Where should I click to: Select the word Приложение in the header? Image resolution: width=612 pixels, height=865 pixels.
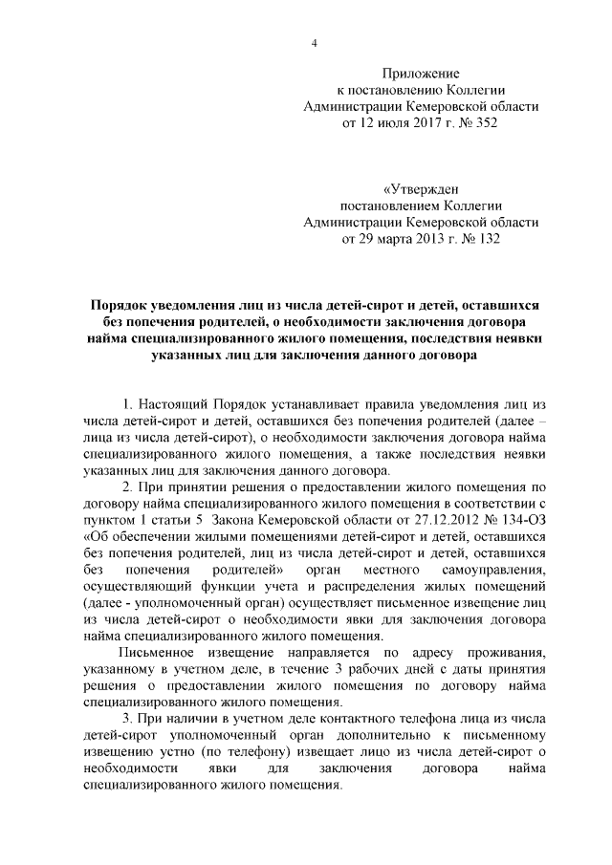421,74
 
